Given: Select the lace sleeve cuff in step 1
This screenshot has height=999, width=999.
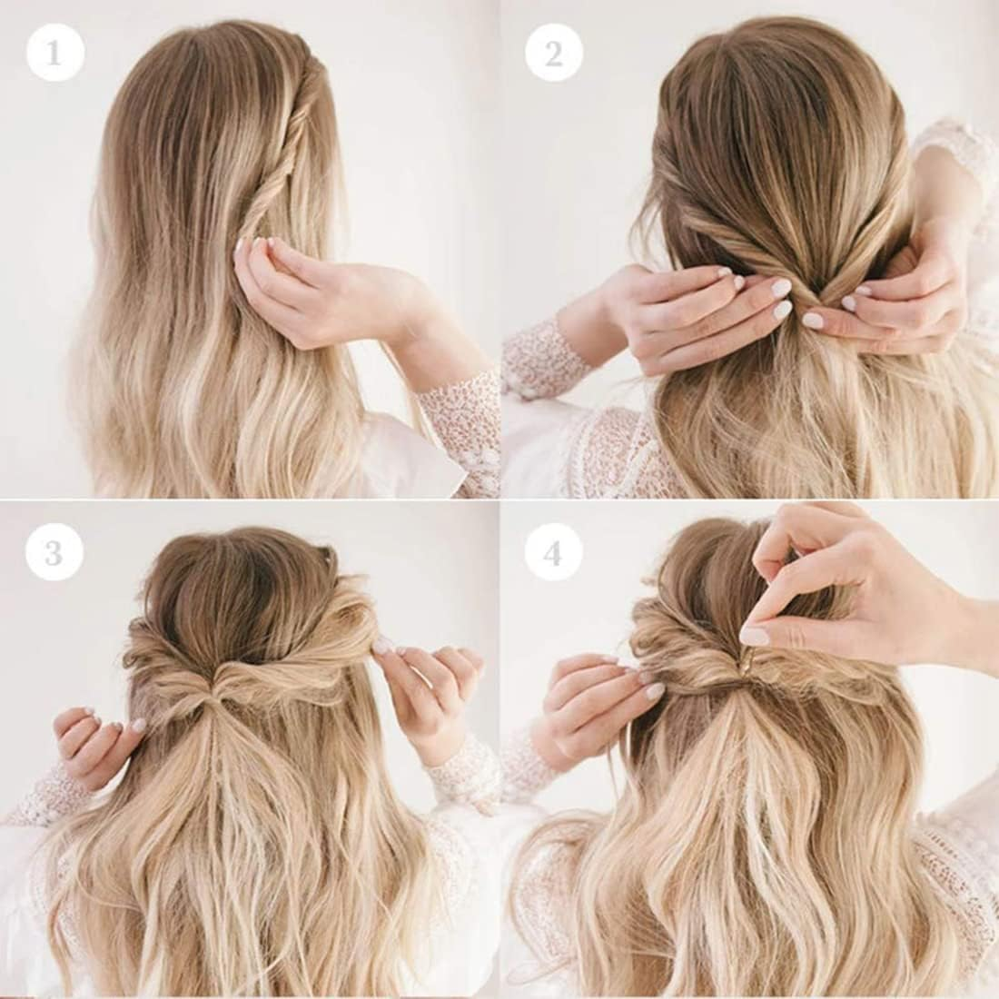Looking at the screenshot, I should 463,418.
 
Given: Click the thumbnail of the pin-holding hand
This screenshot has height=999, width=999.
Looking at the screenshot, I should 755,636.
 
